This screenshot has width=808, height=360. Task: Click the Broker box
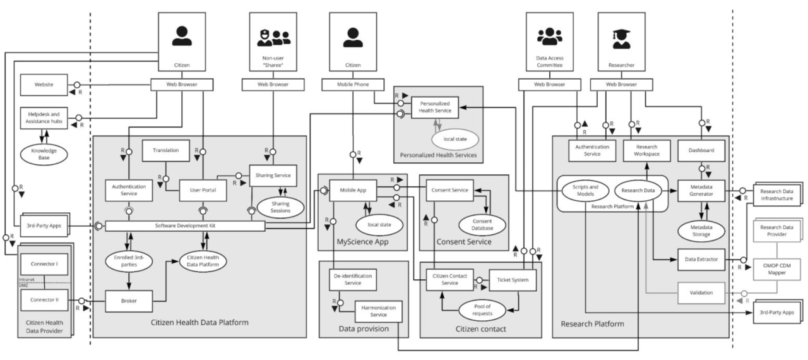129,301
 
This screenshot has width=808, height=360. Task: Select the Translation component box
165,150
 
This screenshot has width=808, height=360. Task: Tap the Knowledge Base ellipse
44,154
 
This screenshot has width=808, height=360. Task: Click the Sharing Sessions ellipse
280,207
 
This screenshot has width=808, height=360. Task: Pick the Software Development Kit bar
185,226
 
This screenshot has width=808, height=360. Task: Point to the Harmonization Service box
378,311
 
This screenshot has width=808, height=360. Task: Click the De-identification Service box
353,280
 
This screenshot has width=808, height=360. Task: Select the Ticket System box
513,280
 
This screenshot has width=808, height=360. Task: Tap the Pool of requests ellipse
482,310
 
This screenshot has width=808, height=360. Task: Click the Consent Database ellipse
482,225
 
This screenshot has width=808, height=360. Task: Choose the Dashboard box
701,150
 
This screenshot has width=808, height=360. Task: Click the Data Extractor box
701,260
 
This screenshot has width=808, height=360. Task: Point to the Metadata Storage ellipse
701,231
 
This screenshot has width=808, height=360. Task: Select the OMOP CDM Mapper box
776,269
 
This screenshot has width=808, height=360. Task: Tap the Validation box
701,293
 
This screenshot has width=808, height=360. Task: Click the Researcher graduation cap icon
622,39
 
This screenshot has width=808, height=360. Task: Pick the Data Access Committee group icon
549,37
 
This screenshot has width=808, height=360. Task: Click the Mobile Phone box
353,85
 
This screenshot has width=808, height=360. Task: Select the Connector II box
44,300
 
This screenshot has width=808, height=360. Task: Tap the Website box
44,85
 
